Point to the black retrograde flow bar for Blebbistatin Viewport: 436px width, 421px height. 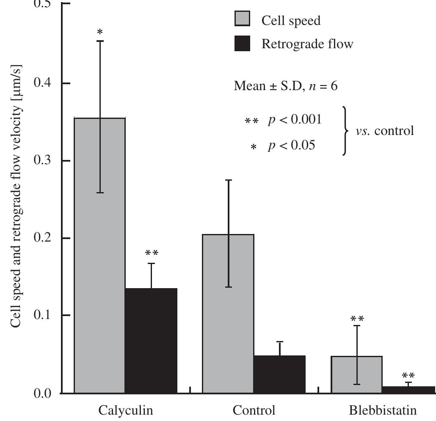point(408,390)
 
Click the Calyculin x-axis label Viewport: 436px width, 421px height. point(126,410)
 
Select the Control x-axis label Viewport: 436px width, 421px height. point(254,410)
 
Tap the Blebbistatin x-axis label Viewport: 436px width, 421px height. point(383,410)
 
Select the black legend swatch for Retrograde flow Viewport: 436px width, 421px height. point(242,43)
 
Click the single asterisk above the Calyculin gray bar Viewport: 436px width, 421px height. point(100,32)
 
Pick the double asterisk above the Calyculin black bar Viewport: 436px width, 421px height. point(152,253)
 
